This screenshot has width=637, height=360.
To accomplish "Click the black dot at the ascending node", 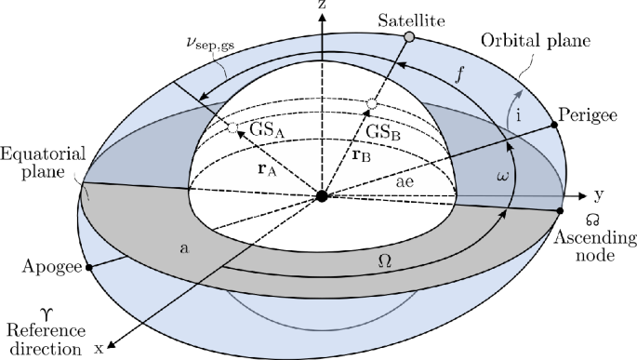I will [x=560, y=212].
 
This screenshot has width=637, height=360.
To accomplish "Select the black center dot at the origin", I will [x=321, y=195].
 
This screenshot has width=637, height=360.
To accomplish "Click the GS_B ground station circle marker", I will [x=370, y=104].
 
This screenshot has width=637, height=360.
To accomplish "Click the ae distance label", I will [x=404, y=185].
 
